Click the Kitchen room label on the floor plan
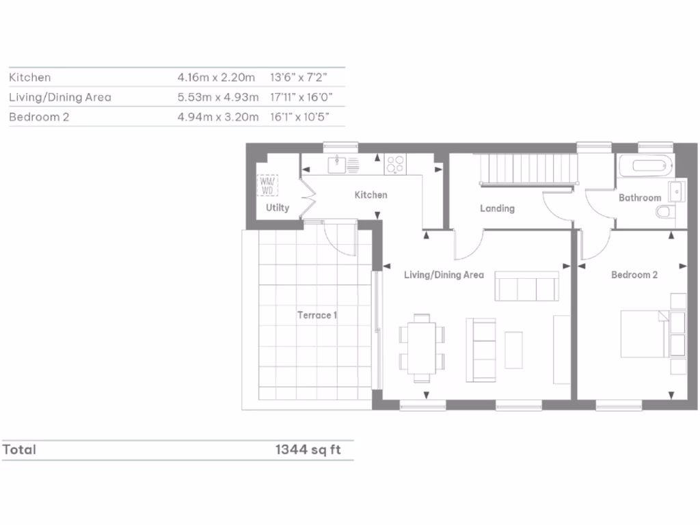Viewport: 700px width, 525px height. click(371, 195)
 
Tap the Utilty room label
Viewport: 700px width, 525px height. click(278, 208)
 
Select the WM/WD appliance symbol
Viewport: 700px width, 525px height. click(267, 185)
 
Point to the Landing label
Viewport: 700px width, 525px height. click(497, 208)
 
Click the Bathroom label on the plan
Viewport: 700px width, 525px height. click(640, 198)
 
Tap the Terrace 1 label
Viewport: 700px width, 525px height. click(317, 315)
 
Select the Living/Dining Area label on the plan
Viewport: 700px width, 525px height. click(444, 275)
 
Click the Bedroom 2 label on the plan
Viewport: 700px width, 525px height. click(634, 275)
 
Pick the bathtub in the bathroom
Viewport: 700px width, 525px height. click(645, 166)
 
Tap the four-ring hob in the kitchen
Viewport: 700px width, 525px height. click(394, 165)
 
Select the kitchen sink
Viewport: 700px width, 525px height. click(340, 165)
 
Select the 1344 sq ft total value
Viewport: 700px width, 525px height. click(308, 450)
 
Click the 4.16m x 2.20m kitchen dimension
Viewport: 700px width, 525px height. click(216, 77)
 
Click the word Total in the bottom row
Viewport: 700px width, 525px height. click(19, 450)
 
